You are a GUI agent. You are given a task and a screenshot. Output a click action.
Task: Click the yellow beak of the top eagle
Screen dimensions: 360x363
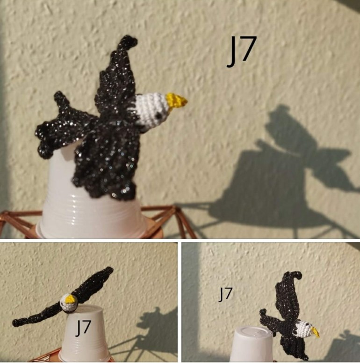point(177,100)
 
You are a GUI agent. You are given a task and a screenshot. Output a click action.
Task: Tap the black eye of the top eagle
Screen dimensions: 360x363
point(158,115)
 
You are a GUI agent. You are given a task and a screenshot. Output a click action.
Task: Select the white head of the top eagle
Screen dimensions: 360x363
point(151,108)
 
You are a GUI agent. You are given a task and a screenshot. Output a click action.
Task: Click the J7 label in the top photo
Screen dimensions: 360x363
point(242,51)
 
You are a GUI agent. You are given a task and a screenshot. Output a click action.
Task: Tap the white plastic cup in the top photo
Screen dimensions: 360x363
point(93,204)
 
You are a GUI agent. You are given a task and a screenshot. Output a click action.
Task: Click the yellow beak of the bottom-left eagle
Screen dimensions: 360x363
point(70,299)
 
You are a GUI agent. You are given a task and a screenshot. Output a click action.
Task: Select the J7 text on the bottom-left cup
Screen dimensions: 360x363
point(83,328)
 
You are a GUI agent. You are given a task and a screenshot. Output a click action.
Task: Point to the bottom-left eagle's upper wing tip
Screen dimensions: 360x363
point(109,270)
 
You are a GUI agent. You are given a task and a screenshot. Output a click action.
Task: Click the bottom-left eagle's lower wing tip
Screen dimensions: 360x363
point(16,322)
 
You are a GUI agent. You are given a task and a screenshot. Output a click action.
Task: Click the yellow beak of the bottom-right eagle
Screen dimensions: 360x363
point(316,332)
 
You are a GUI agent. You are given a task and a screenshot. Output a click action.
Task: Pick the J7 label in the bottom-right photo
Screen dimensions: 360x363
point(225,294)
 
